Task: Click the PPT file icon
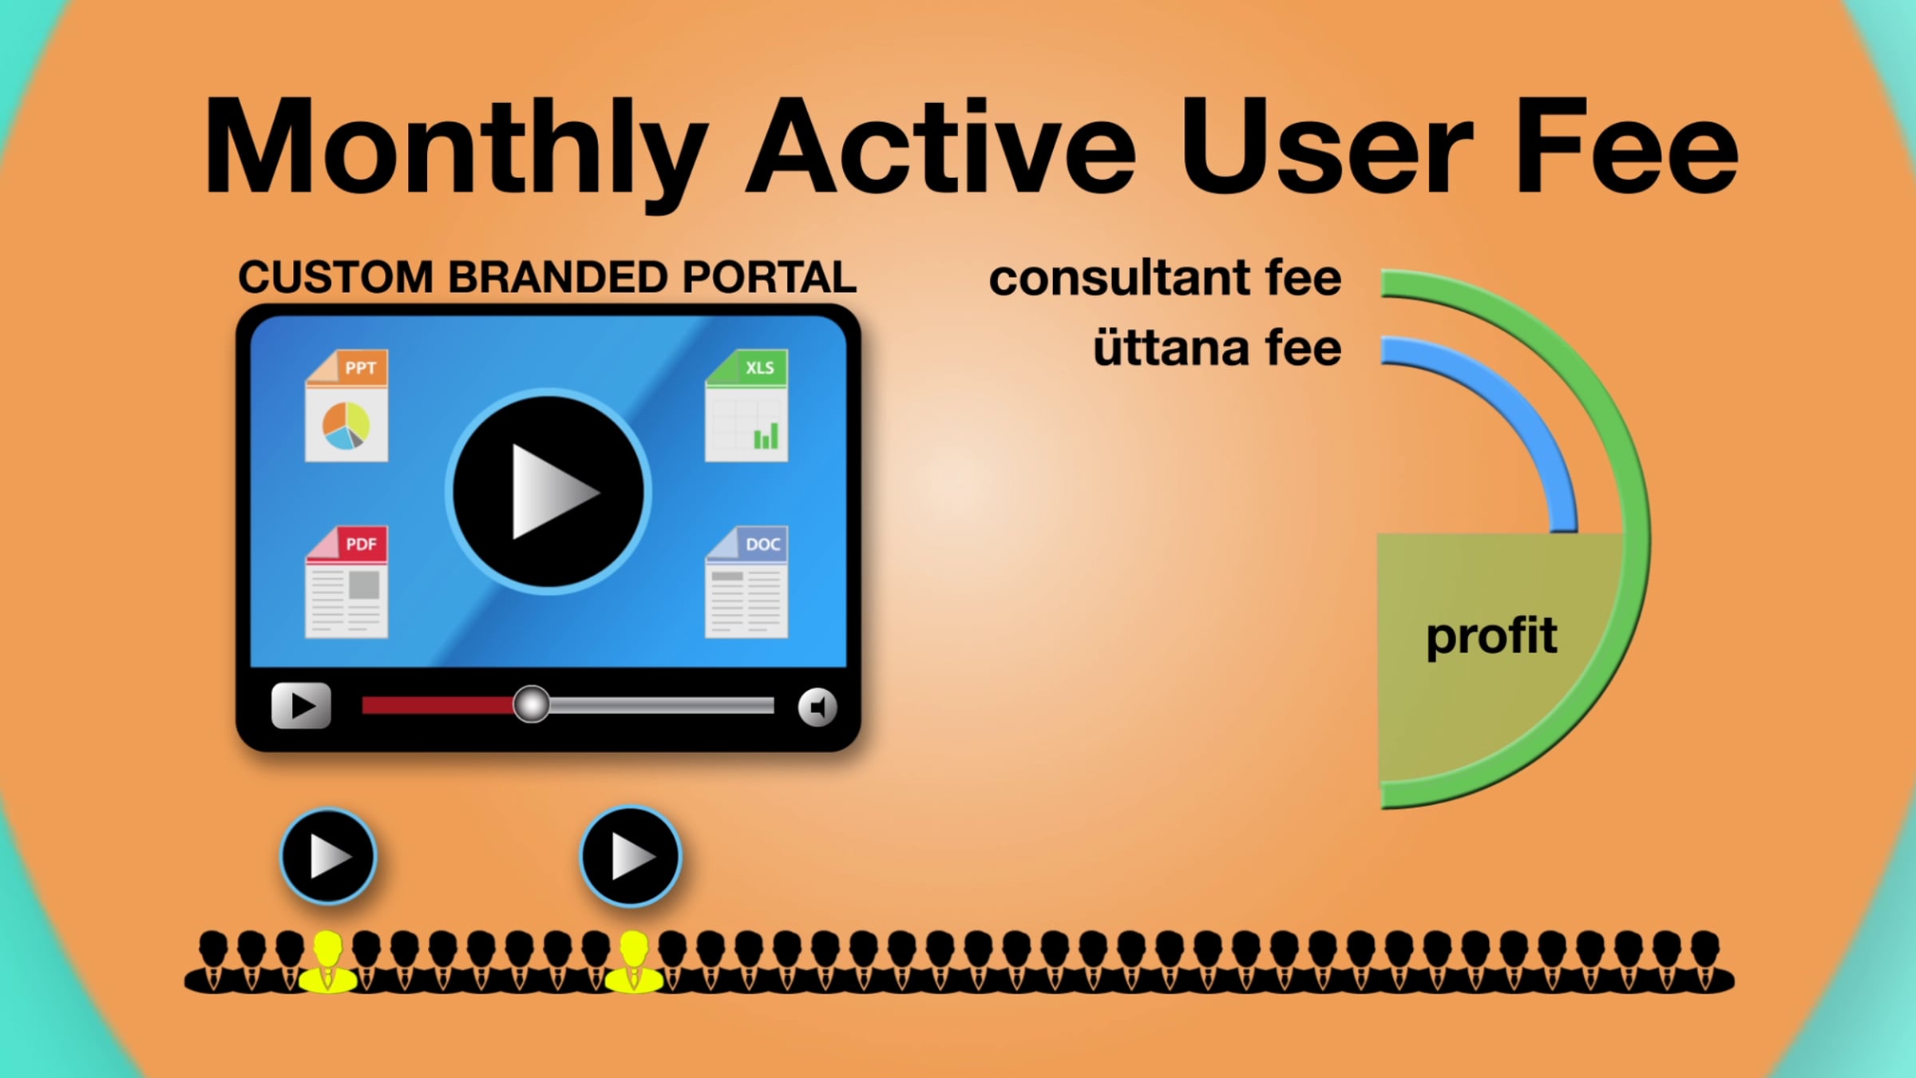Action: click(x=346, y=406)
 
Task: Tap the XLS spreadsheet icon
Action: click(x=746, y=406)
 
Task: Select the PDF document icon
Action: click(x=346, y=582)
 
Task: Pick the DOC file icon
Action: click(x=746, y=582)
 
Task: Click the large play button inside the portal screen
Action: click(x=548, y=492)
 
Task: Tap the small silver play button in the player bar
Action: click(x=301, y=706)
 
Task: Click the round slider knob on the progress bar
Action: click(x=531, y=704)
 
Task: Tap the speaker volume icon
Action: click(x=817, y=707)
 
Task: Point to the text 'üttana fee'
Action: click(x=1217, y=348)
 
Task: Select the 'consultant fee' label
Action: click(x=1165, y=278)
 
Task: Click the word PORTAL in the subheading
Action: click(x=769, y=277)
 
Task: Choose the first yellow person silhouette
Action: click(x=327, y=961)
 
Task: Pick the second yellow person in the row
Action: click(x=634, y=961)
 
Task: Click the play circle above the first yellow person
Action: click(x=328, y=857)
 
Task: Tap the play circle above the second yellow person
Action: click(x=630, y=857)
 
